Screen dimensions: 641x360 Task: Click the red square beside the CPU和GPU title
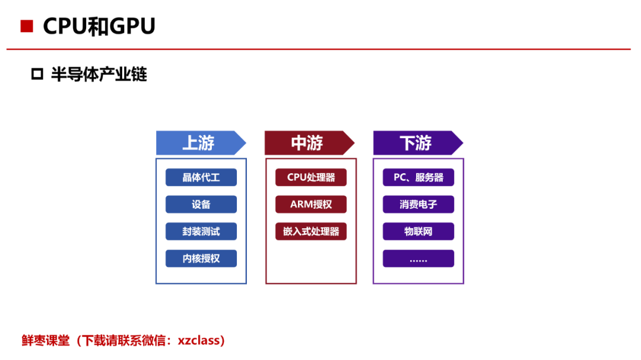point(27,26)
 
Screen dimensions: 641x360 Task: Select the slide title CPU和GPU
point(99,27)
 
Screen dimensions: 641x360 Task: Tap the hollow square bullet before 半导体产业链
point(37,74)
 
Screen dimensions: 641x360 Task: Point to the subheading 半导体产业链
point(99,74)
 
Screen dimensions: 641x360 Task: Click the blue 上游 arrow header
point(201,143)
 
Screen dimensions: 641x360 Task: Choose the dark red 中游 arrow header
point(309,143)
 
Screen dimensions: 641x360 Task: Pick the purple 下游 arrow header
point(418,143)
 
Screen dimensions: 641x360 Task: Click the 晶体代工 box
point(201,177)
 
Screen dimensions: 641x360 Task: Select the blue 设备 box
point(201,204)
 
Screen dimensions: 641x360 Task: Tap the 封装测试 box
point(201,231)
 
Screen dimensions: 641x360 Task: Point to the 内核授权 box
point(201,258)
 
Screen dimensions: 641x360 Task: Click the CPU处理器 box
point(310,177)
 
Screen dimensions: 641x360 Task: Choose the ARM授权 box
point(310,204)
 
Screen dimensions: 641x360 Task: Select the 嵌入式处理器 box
point(310,231)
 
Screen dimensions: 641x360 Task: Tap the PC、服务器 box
point(418,177)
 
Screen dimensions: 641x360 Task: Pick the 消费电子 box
point(418,204)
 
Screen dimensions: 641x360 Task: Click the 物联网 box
point(418,231)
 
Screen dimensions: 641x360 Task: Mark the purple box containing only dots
point(418,258)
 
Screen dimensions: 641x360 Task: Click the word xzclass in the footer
point(199,340)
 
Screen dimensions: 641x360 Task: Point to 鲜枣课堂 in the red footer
point(45,340)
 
